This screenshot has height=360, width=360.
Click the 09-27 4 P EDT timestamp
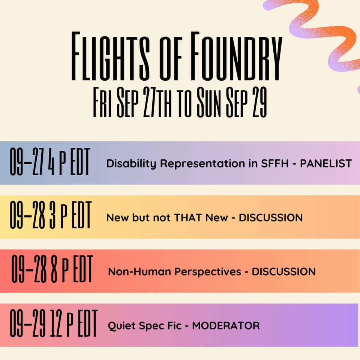click(50, 162)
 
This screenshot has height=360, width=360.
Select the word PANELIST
click(326, 163)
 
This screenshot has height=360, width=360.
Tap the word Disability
click(131, 164)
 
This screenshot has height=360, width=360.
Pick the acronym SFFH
click(275, 163)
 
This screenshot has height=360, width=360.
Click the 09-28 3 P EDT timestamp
click(51, 215)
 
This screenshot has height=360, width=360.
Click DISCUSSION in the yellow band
click(271, 217)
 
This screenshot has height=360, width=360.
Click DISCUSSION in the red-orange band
click(284, 271)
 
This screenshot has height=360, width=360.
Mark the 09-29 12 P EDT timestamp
click(54, 323)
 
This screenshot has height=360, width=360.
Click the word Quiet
click(121, 326)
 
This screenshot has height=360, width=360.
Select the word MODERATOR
click(226, 325)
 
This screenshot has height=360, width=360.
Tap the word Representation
click(202, 164)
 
